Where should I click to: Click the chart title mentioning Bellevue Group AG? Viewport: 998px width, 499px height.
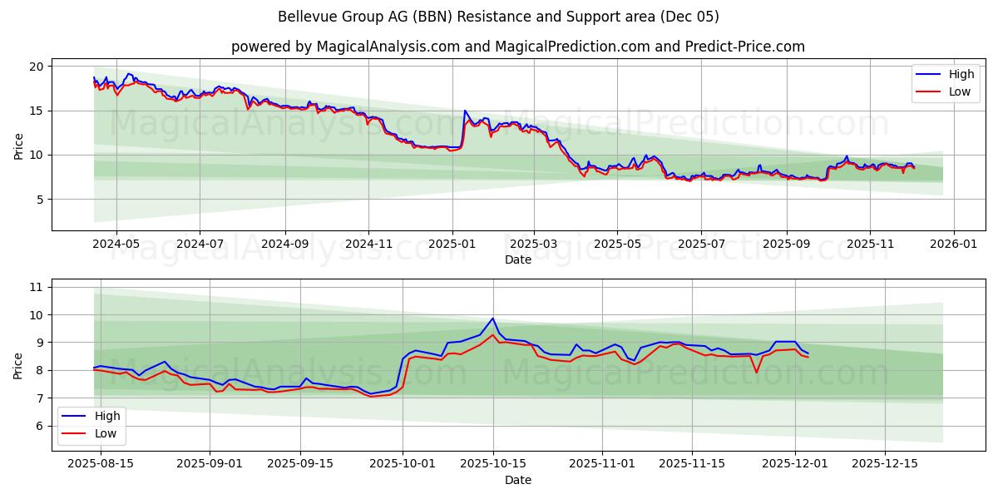pos(499,17)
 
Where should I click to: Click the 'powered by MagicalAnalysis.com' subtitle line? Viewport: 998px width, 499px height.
pos(517,47)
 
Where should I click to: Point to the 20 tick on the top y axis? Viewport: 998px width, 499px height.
pos(37,66)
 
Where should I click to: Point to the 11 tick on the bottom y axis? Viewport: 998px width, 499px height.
pos(37,287)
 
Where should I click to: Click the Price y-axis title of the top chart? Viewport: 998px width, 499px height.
pos(18,146)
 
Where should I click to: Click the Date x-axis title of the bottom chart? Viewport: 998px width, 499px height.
pos(517,480)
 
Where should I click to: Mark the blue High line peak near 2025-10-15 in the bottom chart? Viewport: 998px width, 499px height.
pos(493,319)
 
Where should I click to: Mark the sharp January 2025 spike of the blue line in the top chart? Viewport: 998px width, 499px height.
pos(465,111)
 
